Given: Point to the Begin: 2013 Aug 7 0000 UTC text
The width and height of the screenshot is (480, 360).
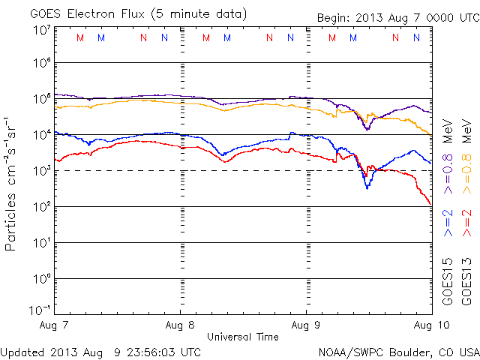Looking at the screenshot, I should tap(386, 16).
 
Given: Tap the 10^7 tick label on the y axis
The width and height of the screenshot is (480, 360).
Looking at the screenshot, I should tap(41, 29).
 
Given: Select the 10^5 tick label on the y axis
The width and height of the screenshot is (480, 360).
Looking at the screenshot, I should tap(41, 98).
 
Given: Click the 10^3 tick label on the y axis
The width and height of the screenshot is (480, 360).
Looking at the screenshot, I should tap(41, 170).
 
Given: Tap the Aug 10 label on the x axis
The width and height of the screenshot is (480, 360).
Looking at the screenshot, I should tap(430, 325).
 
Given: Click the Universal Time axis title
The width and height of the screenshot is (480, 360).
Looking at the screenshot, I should tap(243, 337).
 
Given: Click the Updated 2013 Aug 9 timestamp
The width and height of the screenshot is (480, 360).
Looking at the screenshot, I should tap(100, 351).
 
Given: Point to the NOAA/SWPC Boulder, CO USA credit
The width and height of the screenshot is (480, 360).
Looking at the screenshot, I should tap(398, 351).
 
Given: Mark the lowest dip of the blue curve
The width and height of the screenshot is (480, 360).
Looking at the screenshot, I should tap(367, 187).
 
